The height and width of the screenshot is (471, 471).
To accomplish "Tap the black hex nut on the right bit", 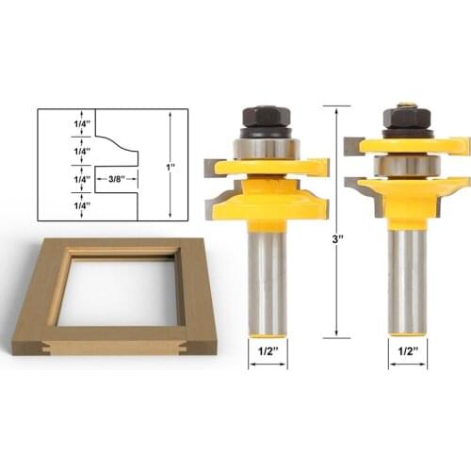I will (407, 120).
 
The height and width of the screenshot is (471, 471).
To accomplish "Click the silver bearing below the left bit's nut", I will (267, 147).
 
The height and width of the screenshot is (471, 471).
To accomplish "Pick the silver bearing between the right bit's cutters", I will (407, 165).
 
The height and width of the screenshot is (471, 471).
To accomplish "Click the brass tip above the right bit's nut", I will (407, 103).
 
